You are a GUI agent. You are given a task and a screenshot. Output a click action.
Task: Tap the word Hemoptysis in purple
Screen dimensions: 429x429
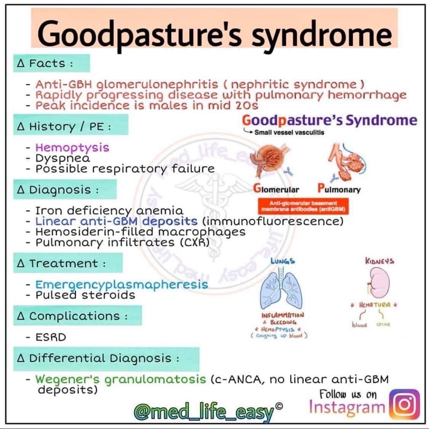click(72, 148)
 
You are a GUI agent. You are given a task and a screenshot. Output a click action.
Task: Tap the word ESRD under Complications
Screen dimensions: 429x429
click(51, 337)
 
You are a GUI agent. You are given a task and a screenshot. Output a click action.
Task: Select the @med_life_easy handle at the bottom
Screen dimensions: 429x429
click(204, 412)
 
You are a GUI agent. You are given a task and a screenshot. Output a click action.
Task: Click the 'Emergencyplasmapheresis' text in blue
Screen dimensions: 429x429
click(122, 284)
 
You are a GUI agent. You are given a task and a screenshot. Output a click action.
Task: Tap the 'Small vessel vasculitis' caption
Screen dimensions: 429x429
click(289, 132)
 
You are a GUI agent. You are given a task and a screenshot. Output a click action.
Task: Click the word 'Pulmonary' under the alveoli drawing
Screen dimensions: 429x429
click(339, 189)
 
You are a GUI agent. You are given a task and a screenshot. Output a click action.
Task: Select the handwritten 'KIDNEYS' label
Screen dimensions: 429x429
click(379, 261)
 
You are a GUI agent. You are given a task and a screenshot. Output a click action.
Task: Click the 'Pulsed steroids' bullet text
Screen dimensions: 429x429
click(85, 295)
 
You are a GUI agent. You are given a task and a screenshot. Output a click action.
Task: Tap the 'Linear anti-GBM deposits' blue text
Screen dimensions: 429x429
click(116, 221)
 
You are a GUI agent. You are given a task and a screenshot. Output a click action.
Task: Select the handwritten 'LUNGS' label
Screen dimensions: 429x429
click(283, 261)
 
